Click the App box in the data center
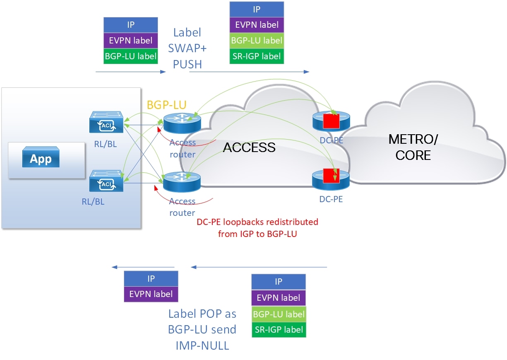[41, 159]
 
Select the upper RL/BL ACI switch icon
[107, 122]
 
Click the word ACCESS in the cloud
[249, 147]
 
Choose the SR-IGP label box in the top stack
[257, 56]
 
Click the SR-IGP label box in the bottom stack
[279, 330]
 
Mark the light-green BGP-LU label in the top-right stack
[257, 41]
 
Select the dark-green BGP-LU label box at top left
[131, 56]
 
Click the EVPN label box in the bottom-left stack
[151, 294]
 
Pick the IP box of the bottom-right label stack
[279, 282]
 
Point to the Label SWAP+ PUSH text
[187, 48]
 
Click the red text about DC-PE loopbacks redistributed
[257, 228]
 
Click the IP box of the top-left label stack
[131, 25]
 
